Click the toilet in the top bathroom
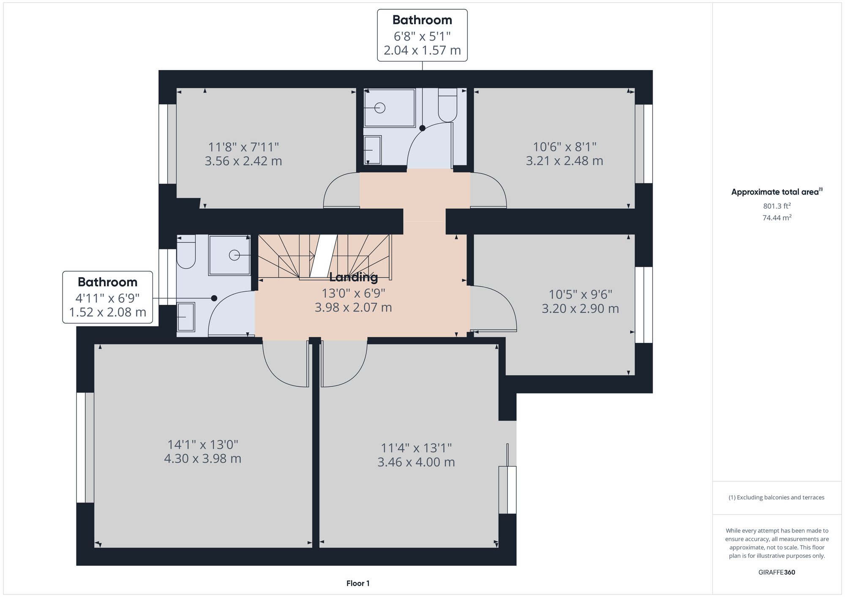pos(447,105)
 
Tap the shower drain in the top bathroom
pos(380,108)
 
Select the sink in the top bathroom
pos(372,150)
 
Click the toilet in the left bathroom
pos(186,252)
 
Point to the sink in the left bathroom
pos(185,317)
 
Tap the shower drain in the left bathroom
pos(234,255)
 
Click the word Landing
pos(353,277)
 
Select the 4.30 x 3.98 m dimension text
pos(203,459)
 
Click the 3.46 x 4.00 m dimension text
pos(416,462)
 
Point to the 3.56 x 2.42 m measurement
pos(243,161)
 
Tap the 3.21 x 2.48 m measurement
pos(564,161)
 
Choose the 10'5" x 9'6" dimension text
pos(581,294)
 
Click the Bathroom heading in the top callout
pos(422,20)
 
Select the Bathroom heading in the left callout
pos(107,282)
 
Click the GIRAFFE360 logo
pos(777,573)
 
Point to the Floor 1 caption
pos(358,583)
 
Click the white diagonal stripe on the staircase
pos(324,256)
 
